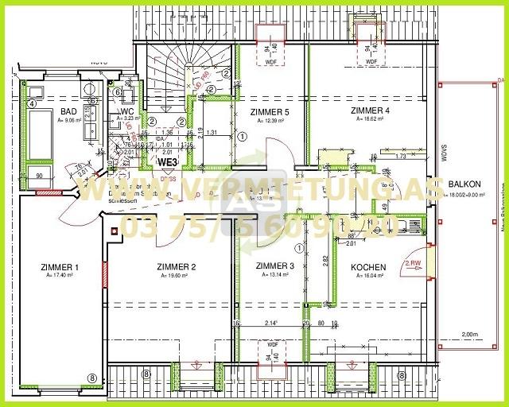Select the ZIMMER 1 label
pos(60,266)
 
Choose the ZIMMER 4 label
pos(370,110)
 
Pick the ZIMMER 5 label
pos(270,112)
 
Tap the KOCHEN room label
pos(368,268)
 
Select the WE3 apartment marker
pos(167,161)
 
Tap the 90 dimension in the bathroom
pos(38,176)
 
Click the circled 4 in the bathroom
pos(33,103)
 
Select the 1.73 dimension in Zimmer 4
pos(400,157)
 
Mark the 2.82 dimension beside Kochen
pos(324,260)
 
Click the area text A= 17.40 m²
pos(60,276)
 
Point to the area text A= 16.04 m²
pos(368,277)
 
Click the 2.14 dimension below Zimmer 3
pos(271,324)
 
